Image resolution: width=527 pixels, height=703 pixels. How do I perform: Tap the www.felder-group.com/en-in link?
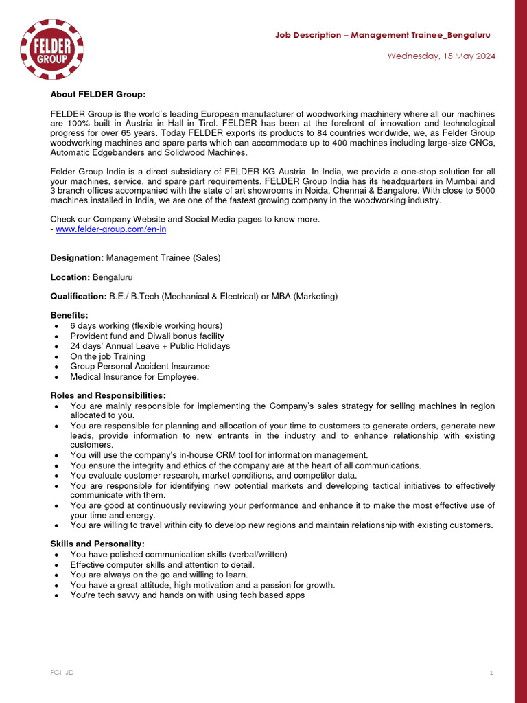tap(110, 229)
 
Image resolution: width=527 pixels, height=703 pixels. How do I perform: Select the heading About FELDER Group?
tap(98, 94)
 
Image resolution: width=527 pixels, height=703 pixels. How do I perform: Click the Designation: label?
tap(78, 257)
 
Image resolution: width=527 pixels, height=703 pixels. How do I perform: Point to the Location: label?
tap(71, 277)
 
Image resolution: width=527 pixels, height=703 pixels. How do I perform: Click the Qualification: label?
tap(79, 297)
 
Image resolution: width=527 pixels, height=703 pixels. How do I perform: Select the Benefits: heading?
tap(69, 315)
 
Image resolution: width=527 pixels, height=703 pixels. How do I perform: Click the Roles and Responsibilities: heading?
tap(108, 395)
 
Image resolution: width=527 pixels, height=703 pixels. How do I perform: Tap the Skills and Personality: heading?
tap(97, 544)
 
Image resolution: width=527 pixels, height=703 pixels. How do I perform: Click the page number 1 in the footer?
tap(491, 673)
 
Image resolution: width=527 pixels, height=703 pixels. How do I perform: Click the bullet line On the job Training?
tap(108, 356)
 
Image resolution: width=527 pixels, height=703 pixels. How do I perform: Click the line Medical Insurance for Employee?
tap(134, 377)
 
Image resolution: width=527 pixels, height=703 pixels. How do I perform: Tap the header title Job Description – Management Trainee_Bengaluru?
tap(382, 35)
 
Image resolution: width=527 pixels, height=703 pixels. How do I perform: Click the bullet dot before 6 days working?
tap(55, 326)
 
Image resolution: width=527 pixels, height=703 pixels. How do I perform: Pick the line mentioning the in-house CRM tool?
tap(219, 455)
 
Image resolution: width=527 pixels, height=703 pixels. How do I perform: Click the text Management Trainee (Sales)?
tap(163, 257)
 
